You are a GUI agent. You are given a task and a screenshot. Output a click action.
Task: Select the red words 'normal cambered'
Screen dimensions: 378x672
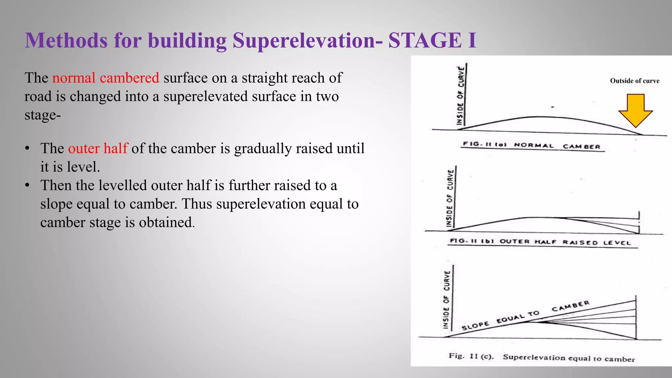106,78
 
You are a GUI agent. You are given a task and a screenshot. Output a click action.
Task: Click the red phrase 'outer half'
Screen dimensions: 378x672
98,148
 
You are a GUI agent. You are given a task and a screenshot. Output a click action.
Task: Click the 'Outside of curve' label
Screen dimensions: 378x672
635,81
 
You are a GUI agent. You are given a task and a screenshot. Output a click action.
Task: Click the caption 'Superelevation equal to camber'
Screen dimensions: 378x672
569,358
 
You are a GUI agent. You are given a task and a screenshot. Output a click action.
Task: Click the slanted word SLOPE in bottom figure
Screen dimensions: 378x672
475,325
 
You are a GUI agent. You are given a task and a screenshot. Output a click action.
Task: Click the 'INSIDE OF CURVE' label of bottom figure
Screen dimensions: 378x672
447,299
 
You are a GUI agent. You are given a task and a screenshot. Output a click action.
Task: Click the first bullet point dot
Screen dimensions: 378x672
28,148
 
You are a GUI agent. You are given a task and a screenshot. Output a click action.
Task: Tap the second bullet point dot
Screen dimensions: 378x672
28,185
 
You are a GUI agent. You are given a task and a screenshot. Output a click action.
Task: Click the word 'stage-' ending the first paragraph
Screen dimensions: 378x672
43,115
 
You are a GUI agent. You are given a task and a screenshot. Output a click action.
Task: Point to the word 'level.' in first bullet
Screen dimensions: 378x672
86,167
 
